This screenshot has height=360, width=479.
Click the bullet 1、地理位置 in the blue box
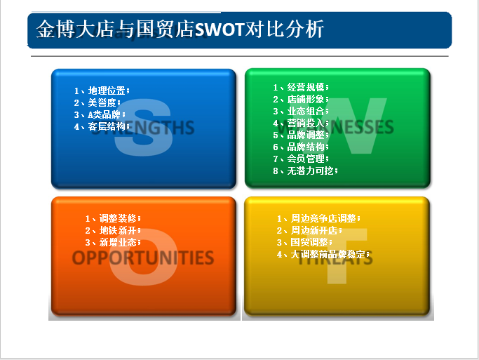(x=102, y=91)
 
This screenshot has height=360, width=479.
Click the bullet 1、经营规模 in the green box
(x=300, y=87)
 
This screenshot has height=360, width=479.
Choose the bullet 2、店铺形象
(x=300, y=99)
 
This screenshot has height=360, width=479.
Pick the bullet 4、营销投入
(x=300, y=123)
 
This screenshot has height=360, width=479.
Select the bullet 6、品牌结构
(x=300, y=147)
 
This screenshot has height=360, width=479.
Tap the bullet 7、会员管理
(x=300, y=159)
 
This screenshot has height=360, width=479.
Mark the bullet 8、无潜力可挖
(x=305, y=171)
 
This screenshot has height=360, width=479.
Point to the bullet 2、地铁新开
(x=113, y=230)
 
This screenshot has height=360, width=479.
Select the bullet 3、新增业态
(x=113, y=242)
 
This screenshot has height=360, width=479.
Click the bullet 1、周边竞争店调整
(x=318, y=218)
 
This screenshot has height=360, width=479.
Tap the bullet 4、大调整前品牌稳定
(x=323, y=254)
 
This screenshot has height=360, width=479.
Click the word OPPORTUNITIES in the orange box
(x=143, y=258)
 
